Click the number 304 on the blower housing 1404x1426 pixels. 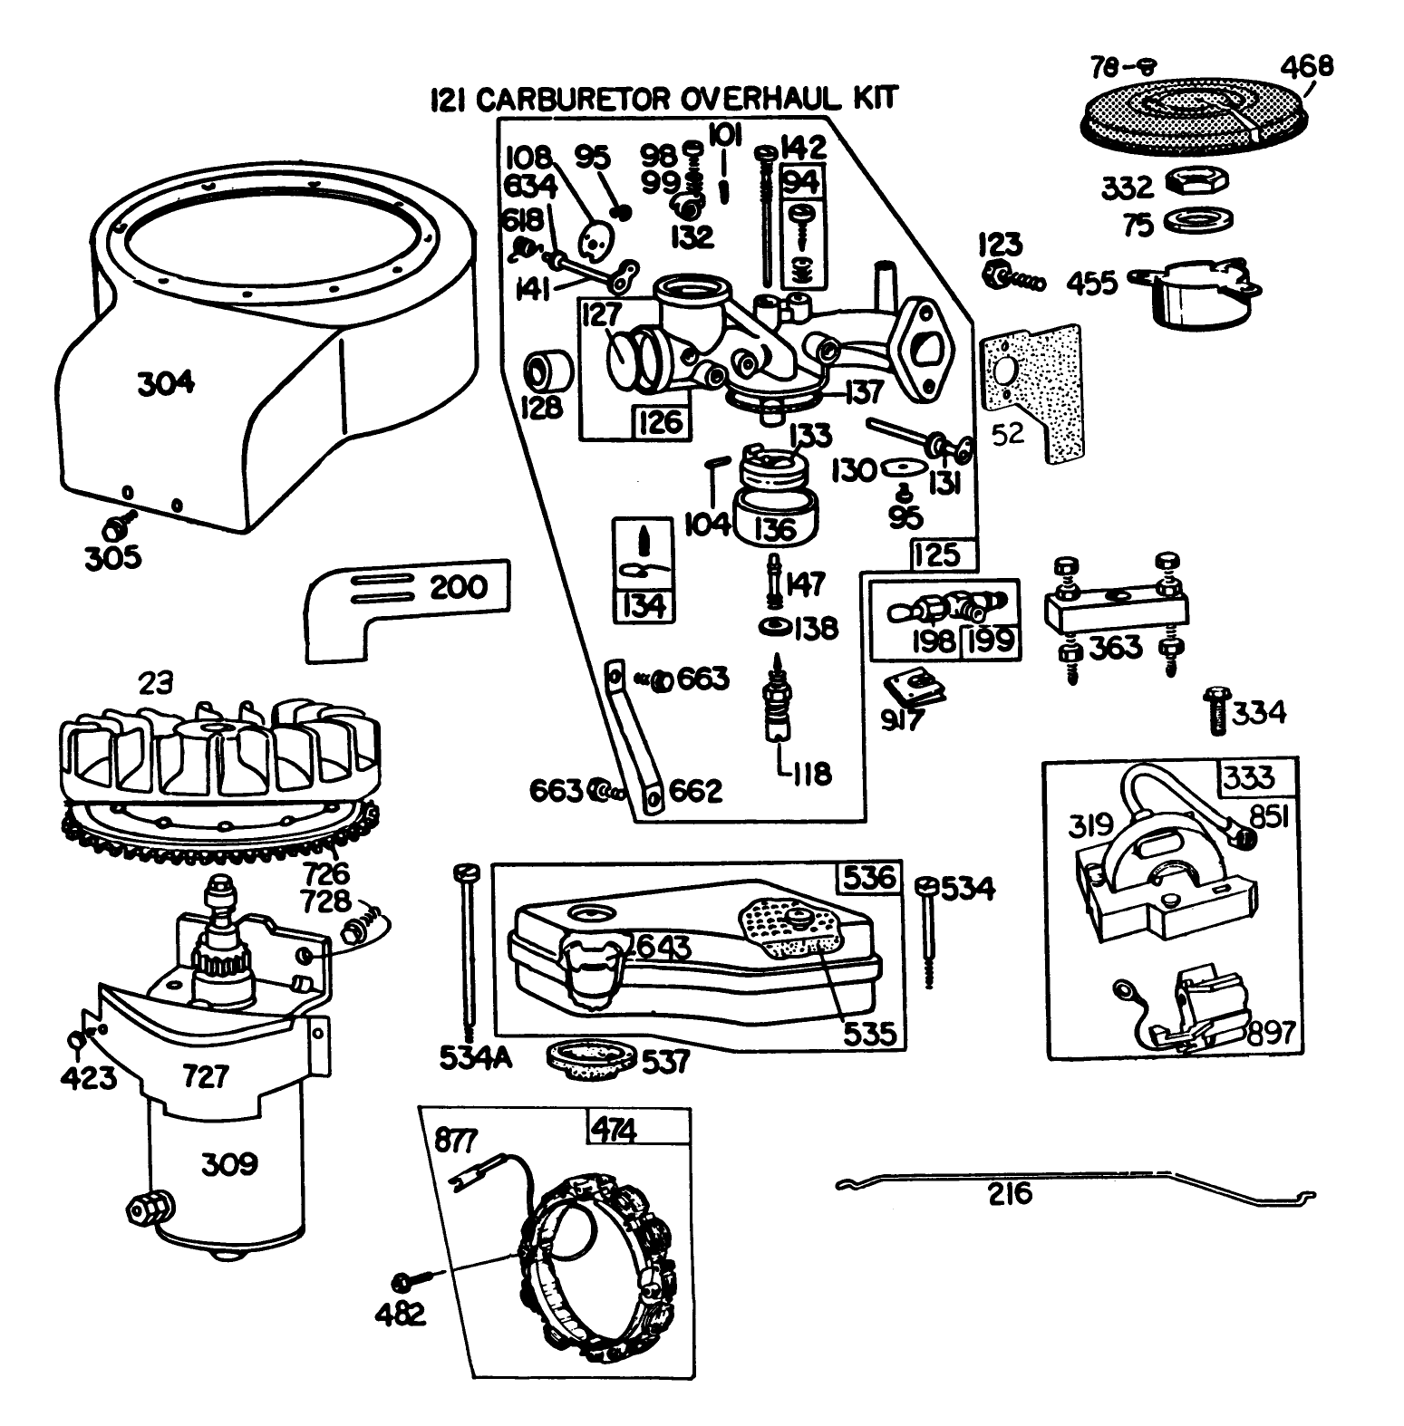(x=166, y=383)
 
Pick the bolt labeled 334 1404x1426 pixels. (x=1215, y=712)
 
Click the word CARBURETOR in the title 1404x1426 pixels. (x=573, y=98)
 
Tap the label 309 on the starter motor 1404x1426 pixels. (x=228, y=1163)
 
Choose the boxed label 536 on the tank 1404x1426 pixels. (x=868, y=877)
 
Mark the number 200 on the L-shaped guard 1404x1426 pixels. (x=458, y=586)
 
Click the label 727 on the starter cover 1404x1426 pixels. (x=207, y=1077)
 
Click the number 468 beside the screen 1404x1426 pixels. (x=1307, y=66)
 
